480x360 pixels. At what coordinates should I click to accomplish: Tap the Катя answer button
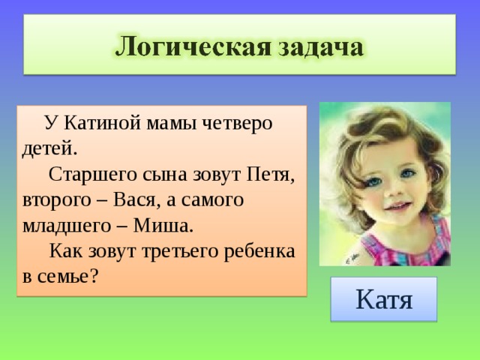383,299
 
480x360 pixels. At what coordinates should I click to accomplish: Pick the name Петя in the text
269,174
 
